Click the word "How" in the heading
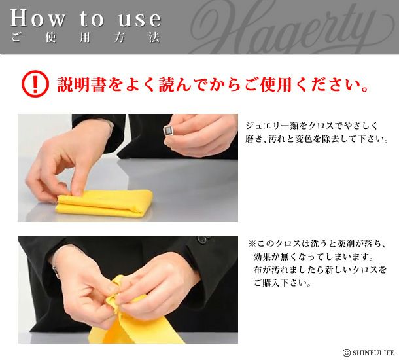37,18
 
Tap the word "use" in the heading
140,19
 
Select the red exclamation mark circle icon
35,84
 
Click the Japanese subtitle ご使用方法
86,38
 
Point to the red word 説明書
81,84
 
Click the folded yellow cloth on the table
105,204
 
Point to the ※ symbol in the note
252,243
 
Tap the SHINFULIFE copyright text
373,353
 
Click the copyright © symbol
346,353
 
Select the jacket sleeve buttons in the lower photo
203,240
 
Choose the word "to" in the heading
92,18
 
